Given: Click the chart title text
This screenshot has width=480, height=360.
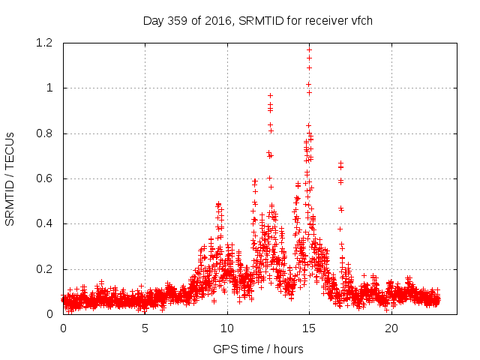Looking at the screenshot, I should tap(258, 20).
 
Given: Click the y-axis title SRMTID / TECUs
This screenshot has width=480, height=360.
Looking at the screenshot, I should tap(10, 178).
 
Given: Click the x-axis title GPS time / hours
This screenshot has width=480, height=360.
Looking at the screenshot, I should tap(258, 349).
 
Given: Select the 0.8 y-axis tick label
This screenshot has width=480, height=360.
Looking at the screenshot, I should tap(47, 133).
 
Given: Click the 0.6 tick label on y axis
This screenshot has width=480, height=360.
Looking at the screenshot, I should tap(47, 178).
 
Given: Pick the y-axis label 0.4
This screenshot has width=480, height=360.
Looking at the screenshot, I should tap(47, 223).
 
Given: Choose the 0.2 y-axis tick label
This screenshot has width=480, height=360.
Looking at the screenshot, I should tap(47, 269).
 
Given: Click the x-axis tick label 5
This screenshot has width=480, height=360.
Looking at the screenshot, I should tap(145, 328).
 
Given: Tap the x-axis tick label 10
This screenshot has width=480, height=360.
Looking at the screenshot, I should tap(227, 328).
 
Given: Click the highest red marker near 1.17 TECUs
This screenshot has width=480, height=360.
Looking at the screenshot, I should tap(310, 49).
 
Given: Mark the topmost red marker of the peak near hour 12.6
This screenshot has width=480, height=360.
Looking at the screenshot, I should tap(270, 95).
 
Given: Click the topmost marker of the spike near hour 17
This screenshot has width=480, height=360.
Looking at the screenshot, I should tap(341, 163).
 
